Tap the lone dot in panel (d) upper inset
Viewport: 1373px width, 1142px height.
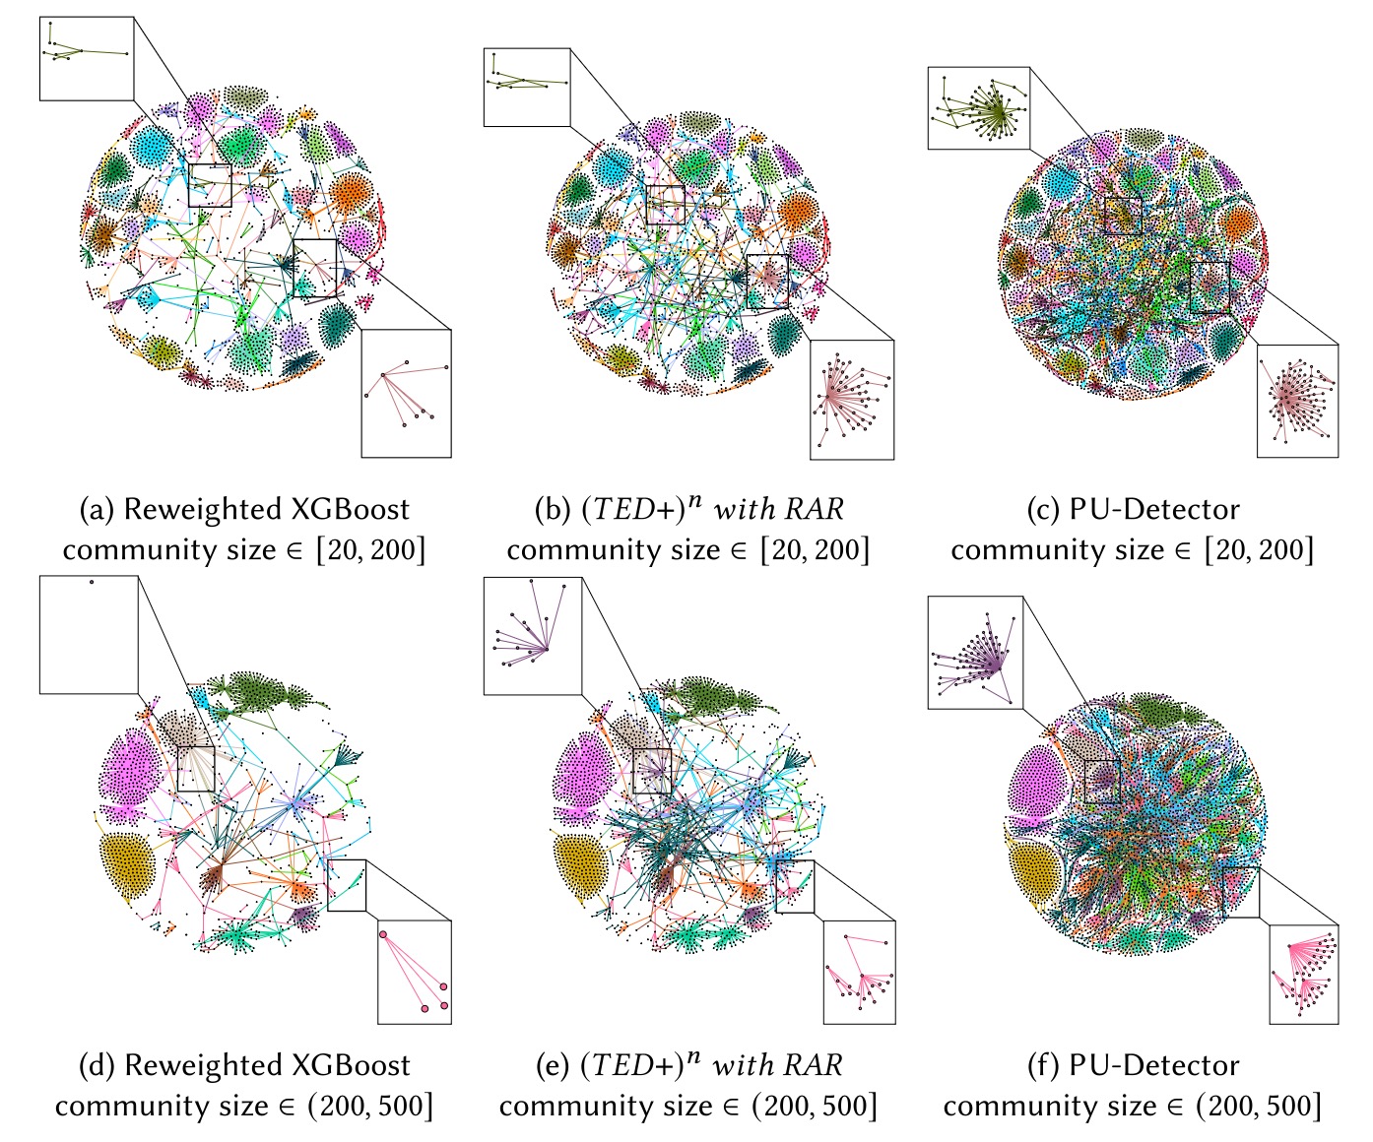click(91, 582)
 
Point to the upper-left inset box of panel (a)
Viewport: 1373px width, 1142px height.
click(86, 58)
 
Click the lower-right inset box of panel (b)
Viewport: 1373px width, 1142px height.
click(851, 400)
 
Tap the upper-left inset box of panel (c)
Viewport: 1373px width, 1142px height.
click(978, 108)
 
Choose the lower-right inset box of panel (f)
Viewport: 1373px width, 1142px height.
click(1303, 975)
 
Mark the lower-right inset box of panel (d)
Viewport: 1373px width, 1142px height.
click(414, 972)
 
